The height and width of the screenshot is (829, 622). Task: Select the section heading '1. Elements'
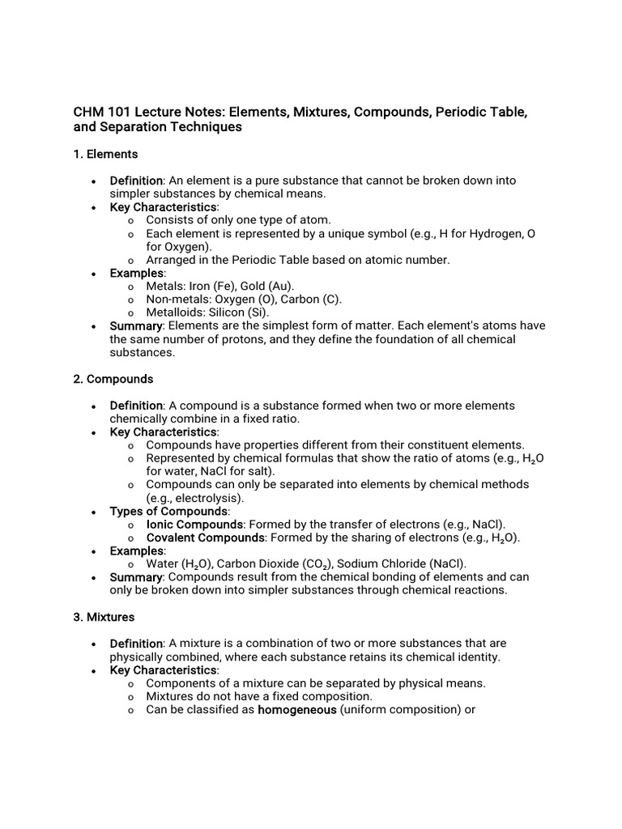click(x=105, y=154)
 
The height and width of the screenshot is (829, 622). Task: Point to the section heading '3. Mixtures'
click(x=104, y=617)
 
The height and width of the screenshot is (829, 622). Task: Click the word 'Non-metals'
click(x=176, y=300)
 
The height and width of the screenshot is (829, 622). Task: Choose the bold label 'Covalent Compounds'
click(x=205, y=538)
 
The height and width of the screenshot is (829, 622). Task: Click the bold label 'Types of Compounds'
click(x=168, y=512)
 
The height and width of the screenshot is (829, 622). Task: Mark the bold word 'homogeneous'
click(x=296, y=710)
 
